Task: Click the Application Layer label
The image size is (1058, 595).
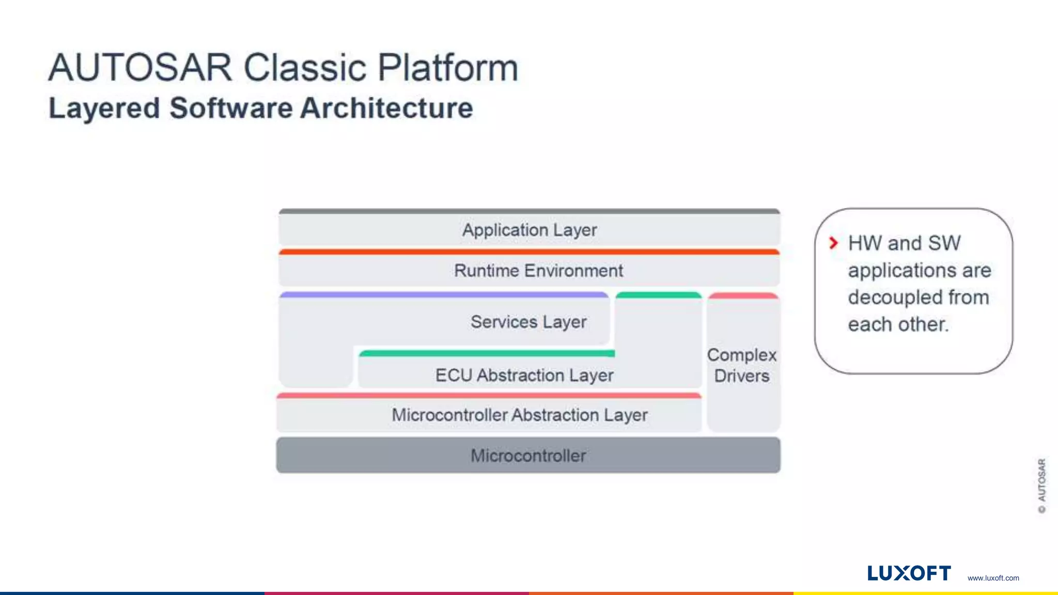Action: pyautogui.click(x=529, y=230)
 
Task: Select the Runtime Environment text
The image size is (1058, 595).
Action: pyautogui.click(x=538, y=271)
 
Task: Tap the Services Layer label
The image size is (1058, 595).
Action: pyautogui.click(x=528, y=322)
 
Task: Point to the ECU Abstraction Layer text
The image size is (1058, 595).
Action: pyautogui.click(x=524, y=375)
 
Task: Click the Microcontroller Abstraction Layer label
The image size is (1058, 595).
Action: pyautogui.click(x=519, y=415)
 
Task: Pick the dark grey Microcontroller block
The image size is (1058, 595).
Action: pyautogui.click(x=528, y=456)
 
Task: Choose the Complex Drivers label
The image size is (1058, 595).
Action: pyautogui.click(x=742, y=365)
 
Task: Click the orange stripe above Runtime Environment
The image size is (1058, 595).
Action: pyautogui.click(x=529, y=252)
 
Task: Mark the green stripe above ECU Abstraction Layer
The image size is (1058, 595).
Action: pyautogui.click(x=487, y=353)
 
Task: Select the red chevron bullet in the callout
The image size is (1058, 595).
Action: pyautogui.click(x=833, y=243)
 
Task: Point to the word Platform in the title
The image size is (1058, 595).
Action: pyautogui.click(x=447, y=68)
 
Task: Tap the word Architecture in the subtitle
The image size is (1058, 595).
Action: pyautogui.click(x=386, y=108)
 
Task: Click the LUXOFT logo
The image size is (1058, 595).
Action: pyautogui.click(x=909, y=573)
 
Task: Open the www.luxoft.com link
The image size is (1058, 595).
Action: pyautogui.click(x=993, y=578)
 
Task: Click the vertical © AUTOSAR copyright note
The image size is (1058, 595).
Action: pyautogui.click(x=1041, y=486)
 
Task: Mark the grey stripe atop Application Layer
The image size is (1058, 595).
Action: pyautogui.click(x=529, y=211)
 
